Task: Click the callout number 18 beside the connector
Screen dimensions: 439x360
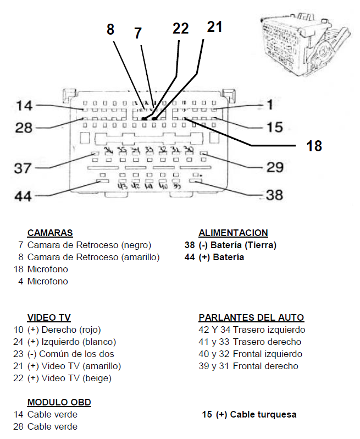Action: click(x=314, y=146)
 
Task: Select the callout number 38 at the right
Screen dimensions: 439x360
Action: click(x=274, y=195)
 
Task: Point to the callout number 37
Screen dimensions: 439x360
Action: click(x=23, y=167)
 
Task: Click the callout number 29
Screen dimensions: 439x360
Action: click(x=274, y=167)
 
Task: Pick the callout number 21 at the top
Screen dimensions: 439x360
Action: click(x=214, y=26)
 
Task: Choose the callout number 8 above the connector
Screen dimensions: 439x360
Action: click(x=110, y=29)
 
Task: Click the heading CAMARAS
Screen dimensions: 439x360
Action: click(x=50, y=233)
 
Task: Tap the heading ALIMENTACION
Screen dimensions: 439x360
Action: click(x=233, y=233)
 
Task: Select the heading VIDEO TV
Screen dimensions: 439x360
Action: click(x=49, y=317)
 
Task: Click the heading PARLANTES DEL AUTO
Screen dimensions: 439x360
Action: click(x=251, y=317)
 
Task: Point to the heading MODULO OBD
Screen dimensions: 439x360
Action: click(x=59, y=402)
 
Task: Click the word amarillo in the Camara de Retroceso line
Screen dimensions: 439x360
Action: click(x=140, y=257)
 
